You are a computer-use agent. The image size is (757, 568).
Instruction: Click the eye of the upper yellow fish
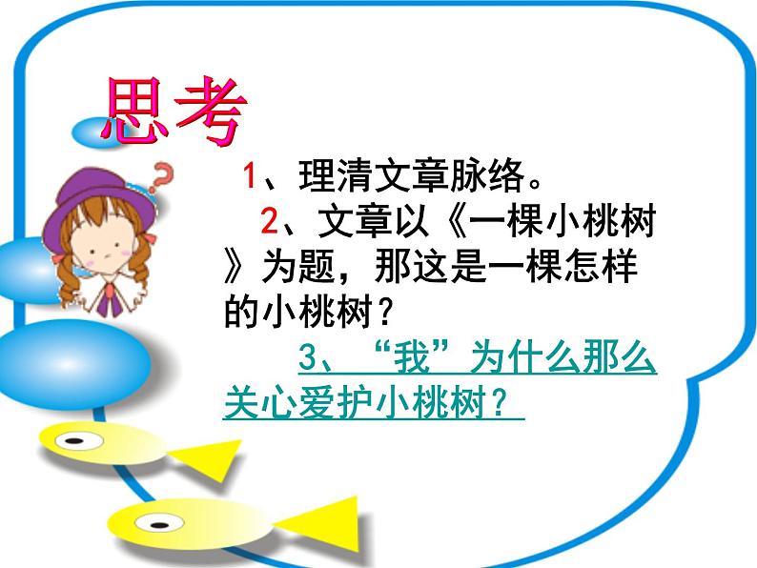(x=72, y=439)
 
